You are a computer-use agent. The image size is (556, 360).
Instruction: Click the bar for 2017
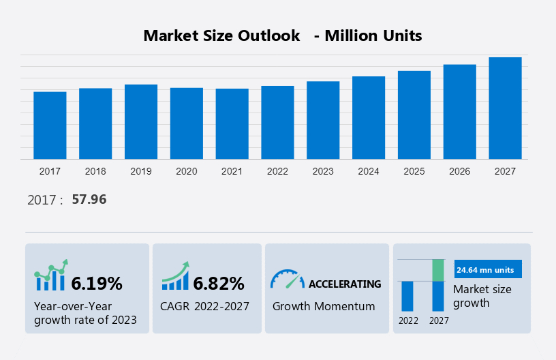click(x=50, y=125)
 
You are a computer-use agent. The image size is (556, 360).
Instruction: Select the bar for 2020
click(x=187, y=123)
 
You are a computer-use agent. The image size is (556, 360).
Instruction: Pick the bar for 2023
click(x=323, y=120)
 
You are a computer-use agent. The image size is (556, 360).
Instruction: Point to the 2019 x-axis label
click(x=141, y=171)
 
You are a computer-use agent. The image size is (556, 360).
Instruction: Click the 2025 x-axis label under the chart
click(x=414, y=171)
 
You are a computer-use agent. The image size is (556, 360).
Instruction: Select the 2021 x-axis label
click(x=232, y=171)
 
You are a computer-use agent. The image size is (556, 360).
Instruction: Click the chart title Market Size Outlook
click(x=222, y=35)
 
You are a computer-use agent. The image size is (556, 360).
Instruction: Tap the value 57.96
click(x=89, y=200)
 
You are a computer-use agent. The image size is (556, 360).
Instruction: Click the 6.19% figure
click(x=97, y=282)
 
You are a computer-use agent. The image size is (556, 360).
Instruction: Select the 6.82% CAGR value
click(x=218, y=282)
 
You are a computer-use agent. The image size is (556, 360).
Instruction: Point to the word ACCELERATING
click(x=345, y=284)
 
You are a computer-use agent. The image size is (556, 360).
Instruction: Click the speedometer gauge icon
click(x=287, y=278)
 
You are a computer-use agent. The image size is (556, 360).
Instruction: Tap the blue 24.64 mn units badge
click(x=488, y=269)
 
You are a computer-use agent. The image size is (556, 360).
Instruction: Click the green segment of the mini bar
click(x=438, y=270)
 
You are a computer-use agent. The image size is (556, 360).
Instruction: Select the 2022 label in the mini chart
click(x=408, y=320)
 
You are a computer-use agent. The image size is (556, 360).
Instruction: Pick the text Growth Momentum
click(x=324, y=306)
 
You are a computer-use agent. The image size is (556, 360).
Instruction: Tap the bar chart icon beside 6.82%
click(x=175, y=276)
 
